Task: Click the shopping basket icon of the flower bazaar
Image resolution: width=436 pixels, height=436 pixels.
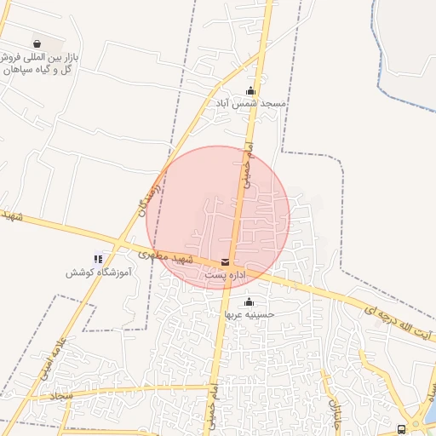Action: (37, 43)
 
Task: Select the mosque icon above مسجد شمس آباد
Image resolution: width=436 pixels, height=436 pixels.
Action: (250, 91)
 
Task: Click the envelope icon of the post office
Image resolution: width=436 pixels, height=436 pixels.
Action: (225, 263)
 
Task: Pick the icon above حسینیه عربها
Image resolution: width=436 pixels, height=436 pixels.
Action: (249, 301)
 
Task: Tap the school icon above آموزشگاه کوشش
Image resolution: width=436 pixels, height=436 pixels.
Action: (98, 259)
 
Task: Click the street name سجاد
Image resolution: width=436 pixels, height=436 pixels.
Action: (61, 395)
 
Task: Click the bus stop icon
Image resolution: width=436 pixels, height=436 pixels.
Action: (401, 429)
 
